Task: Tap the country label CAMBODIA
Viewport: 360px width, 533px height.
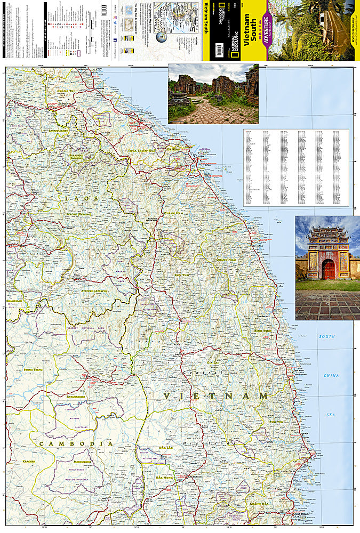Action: pyautogui.click(x=75, y=443)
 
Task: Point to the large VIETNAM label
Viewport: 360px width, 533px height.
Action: pyautogui.click(x=216, y=396)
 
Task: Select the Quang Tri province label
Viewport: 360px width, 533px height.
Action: pyautogui.click(x=71, y=91)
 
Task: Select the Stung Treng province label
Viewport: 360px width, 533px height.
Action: pyautogui.click(x=33, y=369)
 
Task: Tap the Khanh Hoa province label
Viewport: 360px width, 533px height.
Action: pyautogui.click(x=258, y=503)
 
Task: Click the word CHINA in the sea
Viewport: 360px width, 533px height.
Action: pyautogui.click(x=331, y=376)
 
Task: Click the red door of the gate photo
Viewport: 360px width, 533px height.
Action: pyautogui.click(x=328, y=270)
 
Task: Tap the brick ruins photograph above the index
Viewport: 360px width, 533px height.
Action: pyautogui.click(x=213, y=94)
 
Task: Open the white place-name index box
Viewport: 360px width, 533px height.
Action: pyautogui.click(x=296, y=167)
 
